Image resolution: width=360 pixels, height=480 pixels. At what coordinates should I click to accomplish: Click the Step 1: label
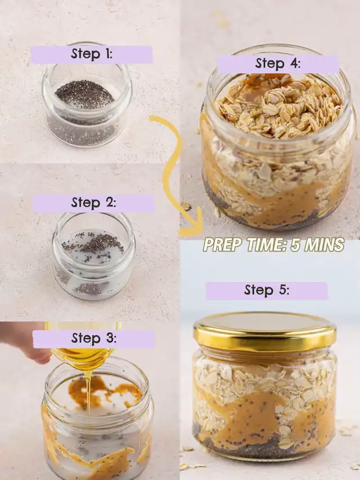coord(92,55)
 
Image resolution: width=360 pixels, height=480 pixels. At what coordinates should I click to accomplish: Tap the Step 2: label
coord(94,203)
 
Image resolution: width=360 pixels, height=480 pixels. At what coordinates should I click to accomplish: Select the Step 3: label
coord(94,339)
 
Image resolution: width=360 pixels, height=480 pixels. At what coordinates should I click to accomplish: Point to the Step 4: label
coord(278,64)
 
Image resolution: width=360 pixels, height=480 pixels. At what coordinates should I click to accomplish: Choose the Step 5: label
coord(267,290)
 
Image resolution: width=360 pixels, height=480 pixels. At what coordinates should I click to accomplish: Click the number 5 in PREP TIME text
coord(295,245)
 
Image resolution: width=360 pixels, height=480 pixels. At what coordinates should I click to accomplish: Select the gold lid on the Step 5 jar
coord(265,332)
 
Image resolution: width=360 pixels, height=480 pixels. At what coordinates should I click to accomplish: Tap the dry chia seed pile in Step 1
coord(84,94)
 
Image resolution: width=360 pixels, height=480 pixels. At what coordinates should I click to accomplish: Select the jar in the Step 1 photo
coord(87,95)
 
